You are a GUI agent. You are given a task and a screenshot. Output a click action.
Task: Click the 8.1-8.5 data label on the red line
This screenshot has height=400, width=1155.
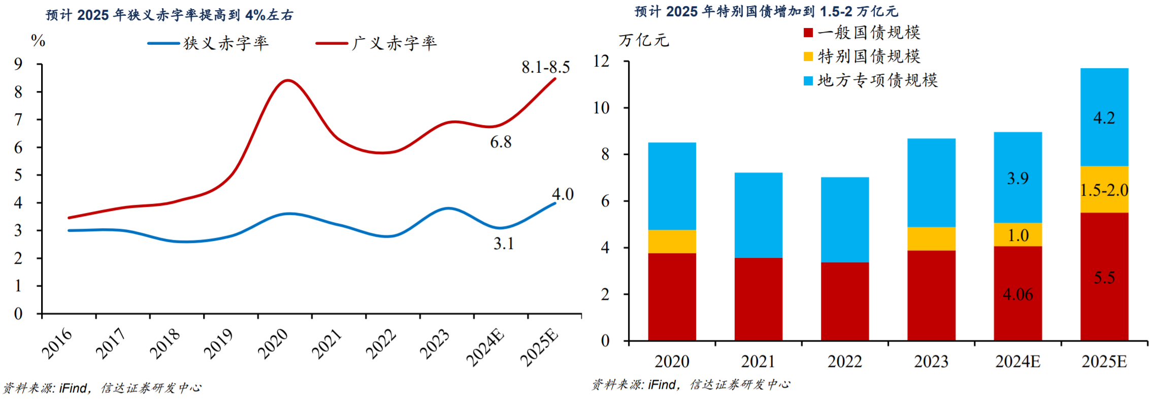pos(545,67)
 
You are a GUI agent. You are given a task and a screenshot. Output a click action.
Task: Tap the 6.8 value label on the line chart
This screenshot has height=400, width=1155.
pos(501,142)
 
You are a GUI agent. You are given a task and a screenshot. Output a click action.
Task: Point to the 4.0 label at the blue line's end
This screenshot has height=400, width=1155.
pos(563,194)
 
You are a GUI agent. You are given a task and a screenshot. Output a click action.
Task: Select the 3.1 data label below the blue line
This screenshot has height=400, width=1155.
pos(504,244)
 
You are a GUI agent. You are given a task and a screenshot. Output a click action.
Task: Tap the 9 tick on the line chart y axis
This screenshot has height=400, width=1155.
pos(18,64)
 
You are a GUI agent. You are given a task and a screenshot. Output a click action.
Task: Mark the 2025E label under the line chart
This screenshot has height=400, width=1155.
pos(539,348)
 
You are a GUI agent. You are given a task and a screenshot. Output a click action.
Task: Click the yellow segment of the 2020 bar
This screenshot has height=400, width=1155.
pos(672,241)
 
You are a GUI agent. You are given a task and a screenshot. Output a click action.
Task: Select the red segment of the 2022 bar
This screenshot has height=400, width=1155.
pos(844,301)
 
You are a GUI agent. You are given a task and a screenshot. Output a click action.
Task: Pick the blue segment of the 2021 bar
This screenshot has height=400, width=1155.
pos(758,215)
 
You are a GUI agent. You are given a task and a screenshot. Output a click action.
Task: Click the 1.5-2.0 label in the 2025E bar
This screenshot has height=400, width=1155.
pos(1104,190)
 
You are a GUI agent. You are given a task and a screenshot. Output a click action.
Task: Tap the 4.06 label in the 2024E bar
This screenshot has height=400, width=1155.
pos(1017,294)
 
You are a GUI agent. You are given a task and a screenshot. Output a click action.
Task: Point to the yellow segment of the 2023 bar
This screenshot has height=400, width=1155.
pos(931,238)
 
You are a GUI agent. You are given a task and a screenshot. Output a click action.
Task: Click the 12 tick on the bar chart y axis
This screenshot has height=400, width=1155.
pos(601,61)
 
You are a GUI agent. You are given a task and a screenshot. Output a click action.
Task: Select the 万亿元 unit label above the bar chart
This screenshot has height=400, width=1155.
pos(643,40)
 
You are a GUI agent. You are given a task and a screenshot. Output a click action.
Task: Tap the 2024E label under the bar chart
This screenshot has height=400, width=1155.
pos(1017,362)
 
